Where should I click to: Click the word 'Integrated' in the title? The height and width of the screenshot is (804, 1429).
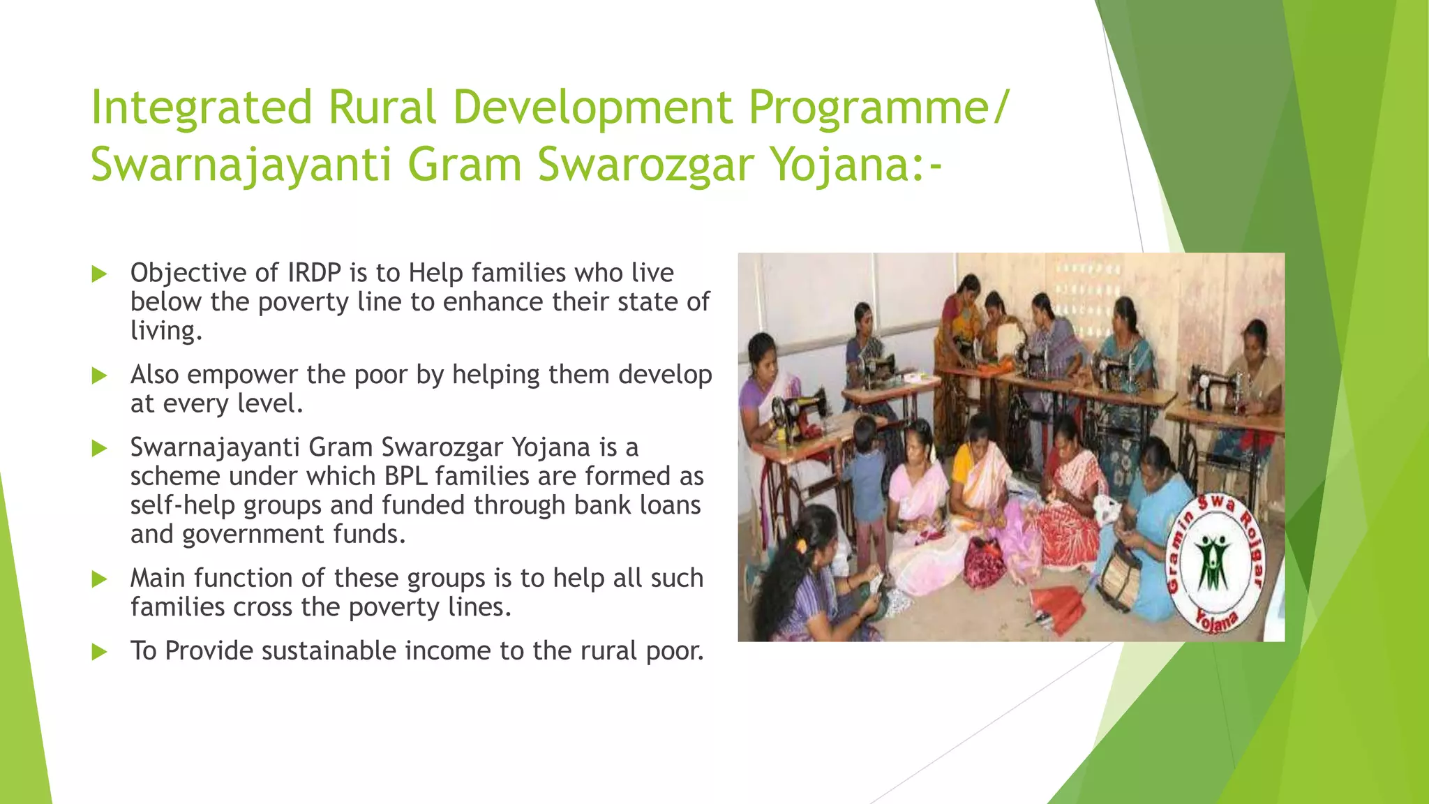click(x=201, y=109)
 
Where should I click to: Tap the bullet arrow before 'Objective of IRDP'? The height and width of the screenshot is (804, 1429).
click(x=99, y=274)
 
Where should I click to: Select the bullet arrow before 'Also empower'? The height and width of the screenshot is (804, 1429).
click(x=99, y=376)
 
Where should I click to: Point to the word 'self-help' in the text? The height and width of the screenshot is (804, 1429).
click(x=183, y=505)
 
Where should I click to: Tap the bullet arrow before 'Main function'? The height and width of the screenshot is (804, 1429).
click(x=99, y=579)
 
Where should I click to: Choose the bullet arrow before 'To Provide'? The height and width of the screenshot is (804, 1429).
click(x=99, y=653)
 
